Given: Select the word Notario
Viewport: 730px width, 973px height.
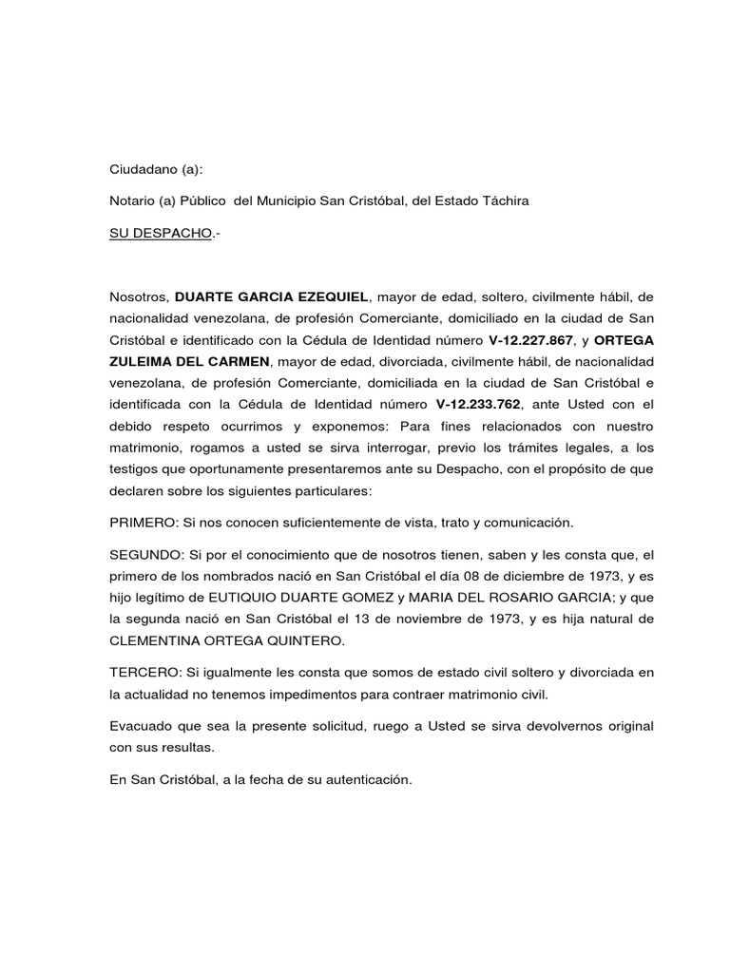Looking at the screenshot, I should click(x=133, y=201).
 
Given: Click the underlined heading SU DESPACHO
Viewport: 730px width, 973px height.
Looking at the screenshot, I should click(x=159, y=233).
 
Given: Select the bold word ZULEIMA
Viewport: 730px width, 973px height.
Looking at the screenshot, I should click(x=144, y=362).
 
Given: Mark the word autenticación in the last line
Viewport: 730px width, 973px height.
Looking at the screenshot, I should click(x=366, y=779).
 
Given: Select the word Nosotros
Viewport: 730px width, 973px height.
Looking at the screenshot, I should click(x=139, y=296).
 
